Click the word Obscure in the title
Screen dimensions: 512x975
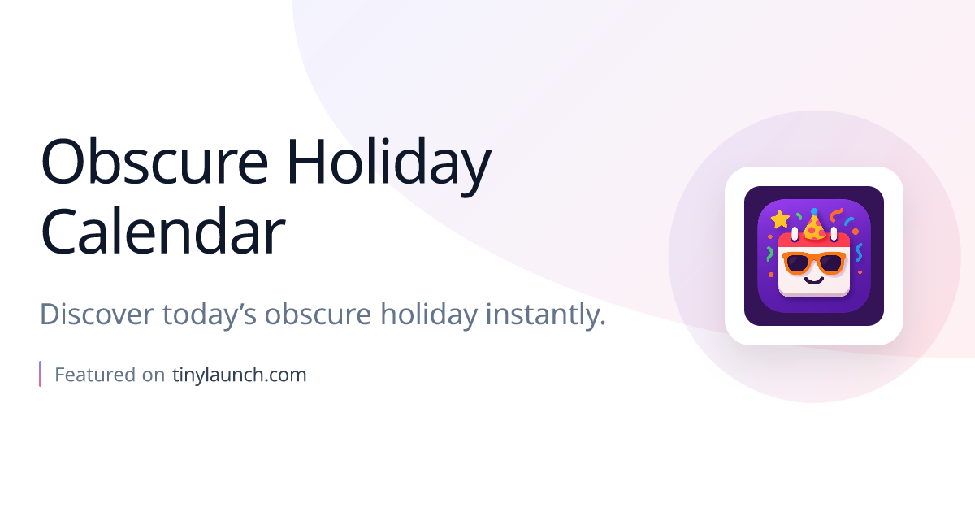154,163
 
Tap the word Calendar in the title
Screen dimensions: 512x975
162,232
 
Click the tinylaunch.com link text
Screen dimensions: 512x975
240,375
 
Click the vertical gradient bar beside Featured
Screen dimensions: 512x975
41,374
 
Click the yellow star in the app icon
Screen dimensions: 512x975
780,219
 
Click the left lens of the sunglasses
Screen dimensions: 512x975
798,263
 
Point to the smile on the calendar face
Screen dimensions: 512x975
813,280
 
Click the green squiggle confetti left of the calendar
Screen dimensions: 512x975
769,254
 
